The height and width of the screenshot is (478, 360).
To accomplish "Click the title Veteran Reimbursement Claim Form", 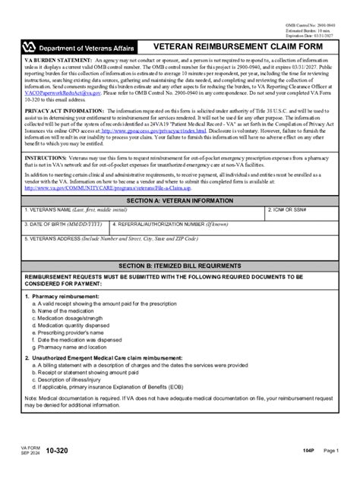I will [x=238, y=46].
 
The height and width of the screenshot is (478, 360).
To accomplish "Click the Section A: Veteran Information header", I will [x=179, y=200].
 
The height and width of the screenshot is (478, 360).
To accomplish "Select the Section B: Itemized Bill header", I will [x=179, y=267].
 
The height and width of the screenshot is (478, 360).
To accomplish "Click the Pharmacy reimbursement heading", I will [x=65, y=296].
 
